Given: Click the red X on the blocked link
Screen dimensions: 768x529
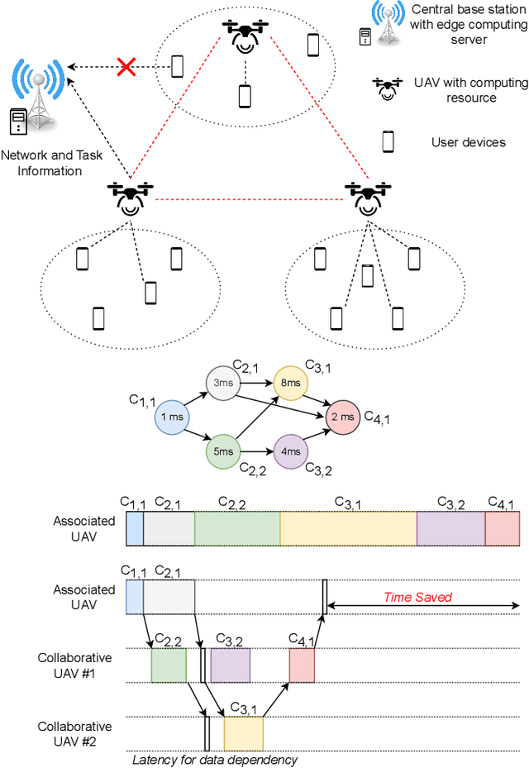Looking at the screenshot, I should point(126,66).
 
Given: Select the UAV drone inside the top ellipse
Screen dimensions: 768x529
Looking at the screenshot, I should point(244,37).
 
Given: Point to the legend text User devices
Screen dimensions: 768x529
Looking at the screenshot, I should point(468,142).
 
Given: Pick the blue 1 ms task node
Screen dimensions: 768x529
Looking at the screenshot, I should point(172,417).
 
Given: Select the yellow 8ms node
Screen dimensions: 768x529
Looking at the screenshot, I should point(291,383).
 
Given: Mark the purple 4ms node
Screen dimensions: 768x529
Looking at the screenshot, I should point(291,452).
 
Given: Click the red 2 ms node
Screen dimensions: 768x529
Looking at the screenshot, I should point(343,417).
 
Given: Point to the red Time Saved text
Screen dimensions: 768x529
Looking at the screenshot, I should point(417,597).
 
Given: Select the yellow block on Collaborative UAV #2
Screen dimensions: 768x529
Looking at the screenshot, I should point(243,733).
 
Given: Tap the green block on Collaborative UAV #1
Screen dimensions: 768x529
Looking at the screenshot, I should point(169,665).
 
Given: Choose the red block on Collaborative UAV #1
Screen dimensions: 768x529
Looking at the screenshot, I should point(302,665).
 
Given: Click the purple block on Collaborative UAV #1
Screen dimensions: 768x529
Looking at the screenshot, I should point(230,665).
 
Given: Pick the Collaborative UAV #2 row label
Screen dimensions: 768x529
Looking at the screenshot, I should point(74,733).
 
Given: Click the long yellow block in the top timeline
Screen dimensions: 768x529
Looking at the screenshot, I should point(348,529).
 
